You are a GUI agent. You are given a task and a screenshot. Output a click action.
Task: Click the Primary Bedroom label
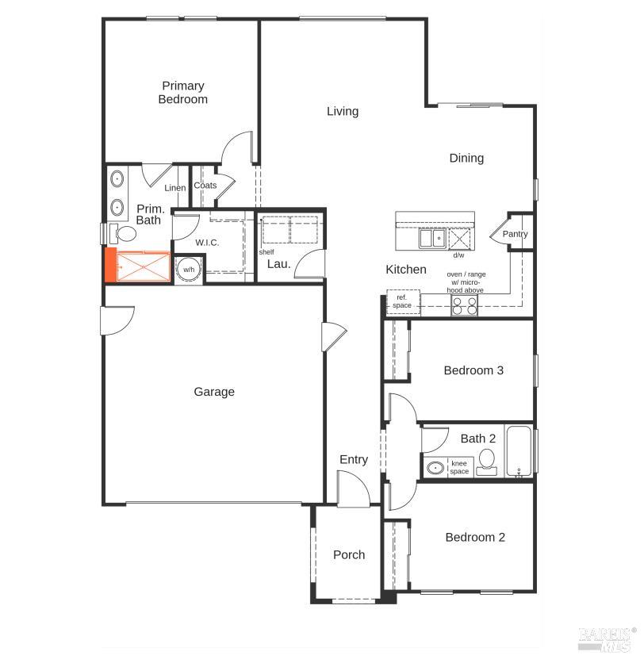(183, 92)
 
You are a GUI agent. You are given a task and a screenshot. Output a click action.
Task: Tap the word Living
(343, 111)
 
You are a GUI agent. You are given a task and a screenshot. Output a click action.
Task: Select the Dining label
(466, 158)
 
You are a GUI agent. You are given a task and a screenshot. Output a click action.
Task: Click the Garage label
(214, 392)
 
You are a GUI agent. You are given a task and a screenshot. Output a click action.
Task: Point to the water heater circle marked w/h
(189, 270)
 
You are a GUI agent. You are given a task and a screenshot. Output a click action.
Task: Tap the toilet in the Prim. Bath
(123, 233)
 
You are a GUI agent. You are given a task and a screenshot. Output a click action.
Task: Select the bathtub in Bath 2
(519, 451)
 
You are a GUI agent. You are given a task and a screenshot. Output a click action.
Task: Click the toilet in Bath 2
(487, 462)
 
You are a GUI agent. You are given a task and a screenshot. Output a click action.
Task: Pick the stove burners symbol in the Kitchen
(464, 305)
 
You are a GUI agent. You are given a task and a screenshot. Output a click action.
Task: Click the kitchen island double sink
(432, 238)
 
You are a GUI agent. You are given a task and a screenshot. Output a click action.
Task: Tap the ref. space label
(402, 301)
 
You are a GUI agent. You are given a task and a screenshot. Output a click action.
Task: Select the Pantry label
(515, 233)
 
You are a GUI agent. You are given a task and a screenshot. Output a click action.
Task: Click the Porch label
(349, 555)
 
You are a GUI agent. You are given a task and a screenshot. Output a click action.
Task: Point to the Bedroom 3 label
(473, 370)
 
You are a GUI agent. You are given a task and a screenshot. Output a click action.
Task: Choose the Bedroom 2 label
(475, 537)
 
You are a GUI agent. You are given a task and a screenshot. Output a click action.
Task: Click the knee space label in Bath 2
(459, 467)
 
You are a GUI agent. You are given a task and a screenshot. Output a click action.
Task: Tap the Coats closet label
(205, 186)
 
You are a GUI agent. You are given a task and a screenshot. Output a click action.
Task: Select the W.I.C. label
(207, 243)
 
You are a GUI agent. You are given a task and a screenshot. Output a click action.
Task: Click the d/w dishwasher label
(458, 255)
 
